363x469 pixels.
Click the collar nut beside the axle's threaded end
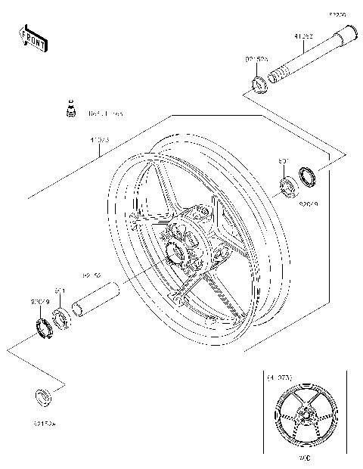(x=256, y=81)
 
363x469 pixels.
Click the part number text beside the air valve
(x=106, y=114)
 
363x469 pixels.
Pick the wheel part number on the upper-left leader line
(x=99, y=141)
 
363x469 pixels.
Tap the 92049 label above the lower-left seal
(x=40, y=302)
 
